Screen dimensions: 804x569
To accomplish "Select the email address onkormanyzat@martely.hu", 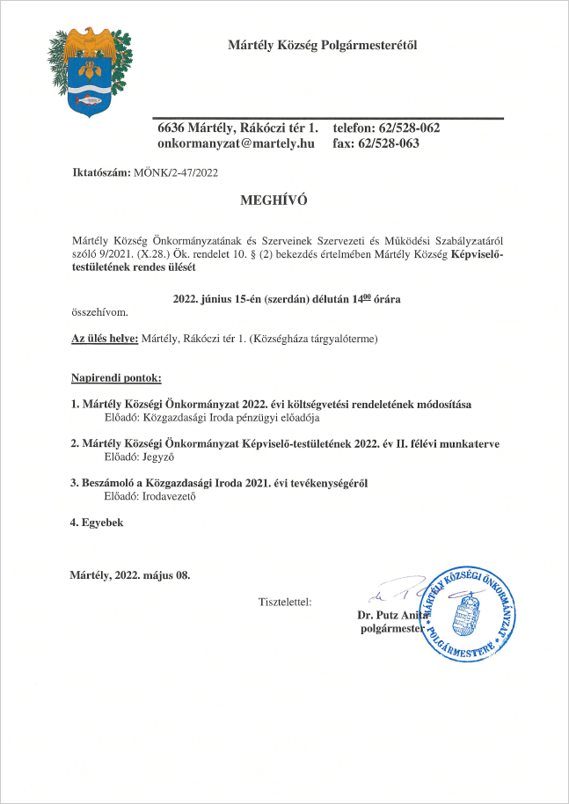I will pyautogui.click(x=236, y=143).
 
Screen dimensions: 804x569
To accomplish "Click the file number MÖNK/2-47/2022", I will pyautogui.click(x=175, y=172).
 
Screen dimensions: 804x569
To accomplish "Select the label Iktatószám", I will pyautogui.click(x=100, y=172).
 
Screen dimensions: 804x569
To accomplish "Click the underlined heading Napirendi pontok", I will pyautogui.click(x=116, y=378).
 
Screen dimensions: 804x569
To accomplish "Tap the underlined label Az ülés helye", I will pyautogui.click(x=104, y=339).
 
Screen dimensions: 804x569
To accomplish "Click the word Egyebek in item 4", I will pyautogui.click(x=102, y=523).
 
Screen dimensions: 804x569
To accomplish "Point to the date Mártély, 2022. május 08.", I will pyautogui.click(x=129, y=575).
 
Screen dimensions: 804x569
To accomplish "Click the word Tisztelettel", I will pyautogui.click(x=285, y=603).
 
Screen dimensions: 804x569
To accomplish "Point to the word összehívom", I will pyautogui.click(x=98, y=312).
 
